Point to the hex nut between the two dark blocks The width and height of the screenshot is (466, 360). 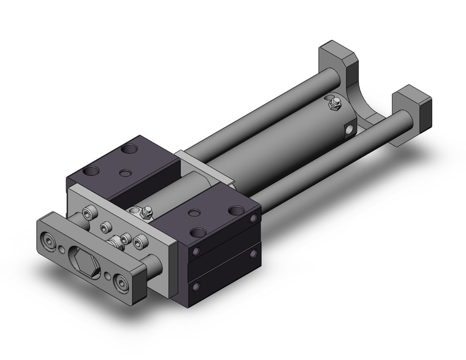(x=146, y=213)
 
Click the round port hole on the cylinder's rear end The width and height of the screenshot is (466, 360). (x=350, y=129)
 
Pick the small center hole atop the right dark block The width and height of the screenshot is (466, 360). (x=195, y=213)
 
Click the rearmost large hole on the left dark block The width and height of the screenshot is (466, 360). (x=131, y=148)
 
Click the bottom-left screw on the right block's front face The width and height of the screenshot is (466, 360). (x=196, y=285)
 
